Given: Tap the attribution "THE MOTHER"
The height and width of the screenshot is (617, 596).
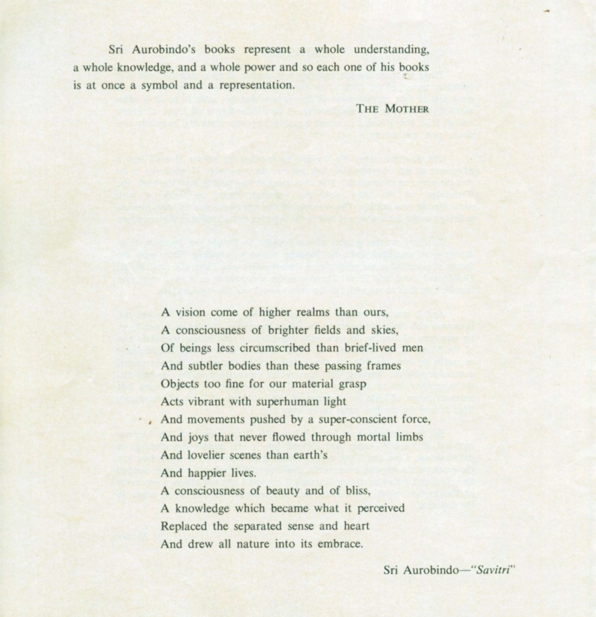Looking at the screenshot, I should coord(392,109).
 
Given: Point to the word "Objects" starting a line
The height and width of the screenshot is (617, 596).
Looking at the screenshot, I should coord(179,383).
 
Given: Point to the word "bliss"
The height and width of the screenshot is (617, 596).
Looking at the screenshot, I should coord(357,490).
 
